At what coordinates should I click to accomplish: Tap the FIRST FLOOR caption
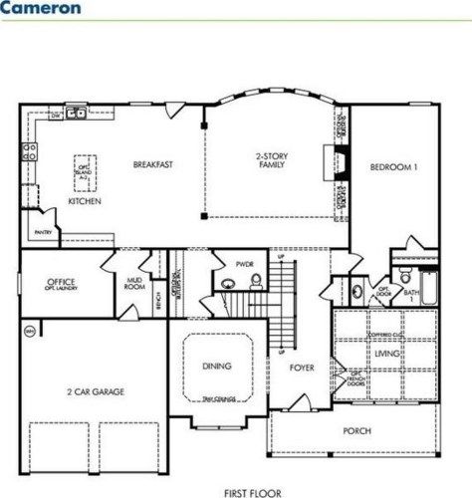(x=252, y=491)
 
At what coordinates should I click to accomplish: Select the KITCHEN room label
(x=83, y=201)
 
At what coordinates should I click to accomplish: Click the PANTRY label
(x=42, y=232)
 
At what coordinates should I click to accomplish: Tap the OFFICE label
(x=61, y=284)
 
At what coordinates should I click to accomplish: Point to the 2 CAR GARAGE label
(x=96, y=391)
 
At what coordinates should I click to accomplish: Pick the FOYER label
(x=302, y=368)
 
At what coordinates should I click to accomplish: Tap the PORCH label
(x=356, y=430)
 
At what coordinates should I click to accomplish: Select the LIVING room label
(x=387, y=354)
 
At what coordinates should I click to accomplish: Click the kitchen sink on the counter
(x=75, y=114)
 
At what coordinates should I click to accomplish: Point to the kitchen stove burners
(x=29, y=153)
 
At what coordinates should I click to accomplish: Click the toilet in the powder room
(x=255, y=283)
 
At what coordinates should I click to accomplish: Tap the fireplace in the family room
(x=341, y=160)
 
